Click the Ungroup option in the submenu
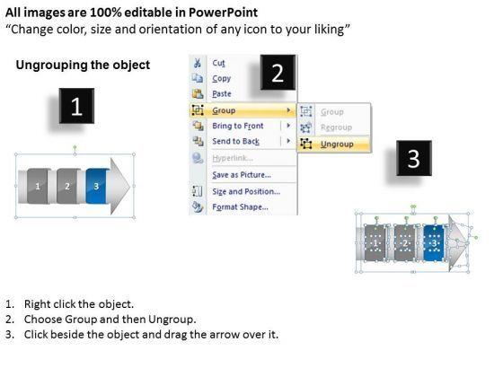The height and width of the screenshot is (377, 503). (337, 145)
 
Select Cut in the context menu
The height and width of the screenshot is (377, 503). (218, 63)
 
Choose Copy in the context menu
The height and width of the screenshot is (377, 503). (221, 79)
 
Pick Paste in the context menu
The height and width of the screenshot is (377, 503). (222, 94)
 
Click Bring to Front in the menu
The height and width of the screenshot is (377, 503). (238, 126)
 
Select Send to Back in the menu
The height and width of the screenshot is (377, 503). (235, 142)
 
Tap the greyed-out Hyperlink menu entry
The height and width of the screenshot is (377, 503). (233, 158)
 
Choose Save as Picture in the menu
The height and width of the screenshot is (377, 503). (242, 175)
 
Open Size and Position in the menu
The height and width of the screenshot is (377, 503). (246, 191)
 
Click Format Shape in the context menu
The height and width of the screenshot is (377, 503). (241, 207)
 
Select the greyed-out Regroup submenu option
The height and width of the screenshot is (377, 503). (336, 127)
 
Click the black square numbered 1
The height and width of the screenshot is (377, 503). (76, 106)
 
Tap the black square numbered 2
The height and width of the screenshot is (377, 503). (278, 73)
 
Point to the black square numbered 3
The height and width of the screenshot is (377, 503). (414, 158)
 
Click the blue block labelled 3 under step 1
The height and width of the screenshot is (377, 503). (96, 186)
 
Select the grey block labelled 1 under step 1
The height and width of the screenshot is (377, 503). (38, 186)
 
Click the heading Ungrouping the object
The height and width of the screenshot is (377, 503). (83, 65)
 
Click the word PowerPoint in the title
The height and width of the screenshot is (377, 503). (223, 13)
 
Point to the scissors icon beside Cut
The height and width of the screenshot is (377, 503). (198, 63)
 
